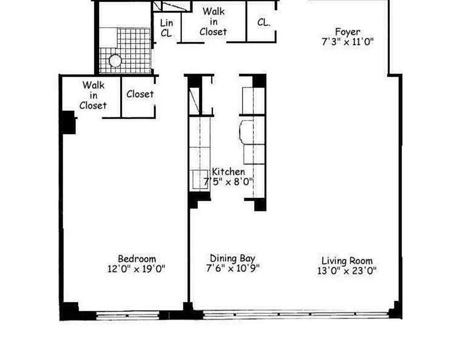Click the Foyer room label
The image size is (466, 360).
tap(347, 32)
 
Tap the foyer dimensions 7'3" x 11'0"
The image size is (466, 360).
tap(347, 43)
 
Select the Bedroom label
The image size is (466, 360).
tap(137, 259)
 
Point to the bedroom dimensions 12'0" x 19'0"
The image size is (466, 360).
tap(136, 269)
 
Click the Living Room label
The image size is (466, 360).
tap(347, 261)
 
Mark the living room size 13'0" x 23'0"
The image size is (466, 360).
tap(346, 271)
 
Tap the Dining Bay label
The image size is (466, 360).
tap(233, 258)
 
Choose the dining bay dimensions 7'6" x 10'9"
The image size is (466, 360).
tap(233, 269)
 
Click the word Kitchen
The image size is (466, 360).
tap(229, 171)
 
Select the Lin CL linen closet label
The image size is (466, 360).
tap(166, 27)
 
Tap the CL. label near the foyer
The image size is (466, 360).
tap(264, 22)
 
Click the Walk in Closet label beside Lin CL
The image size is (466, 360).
tap(213, 22)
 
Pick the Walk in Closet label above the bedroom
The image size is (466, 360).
tap(94, 95)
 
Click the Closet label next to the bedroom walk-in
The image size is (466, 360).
tap(140, 94)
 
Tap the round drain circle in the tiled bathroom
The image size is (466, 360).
tap(116, 61)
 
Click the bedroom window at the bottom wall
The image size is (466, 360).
tap(128, 316)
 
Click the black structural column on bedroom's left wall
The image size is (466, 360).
tap(68, 122)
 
